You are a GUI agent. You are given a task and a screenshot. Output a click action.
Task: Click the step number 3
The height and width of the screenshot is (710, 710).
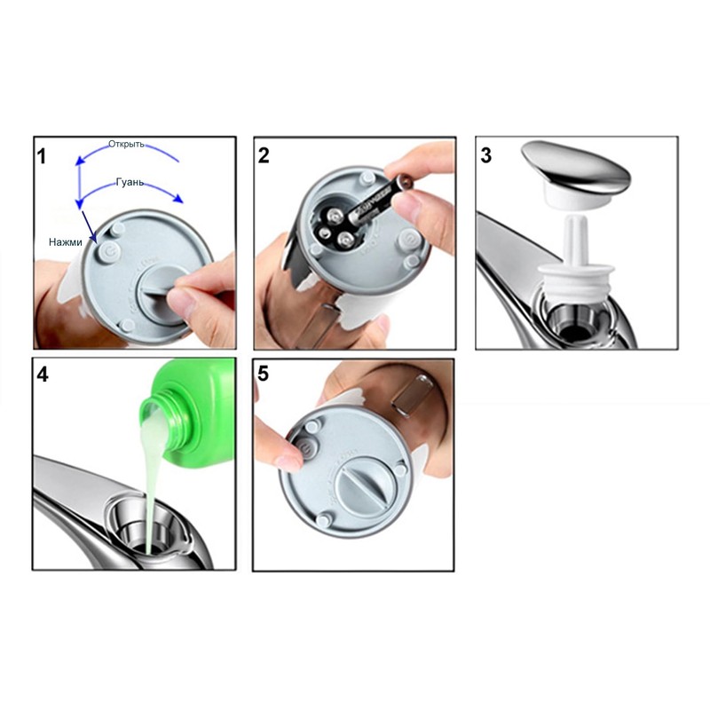point(485,156)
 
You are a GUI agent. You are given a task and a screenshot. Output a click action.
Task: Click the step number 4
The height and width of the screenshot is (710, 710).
point(43,374)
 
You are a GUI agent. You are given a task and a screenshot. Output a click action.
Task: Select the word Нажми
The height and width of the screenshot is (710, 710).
point(66,241)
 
